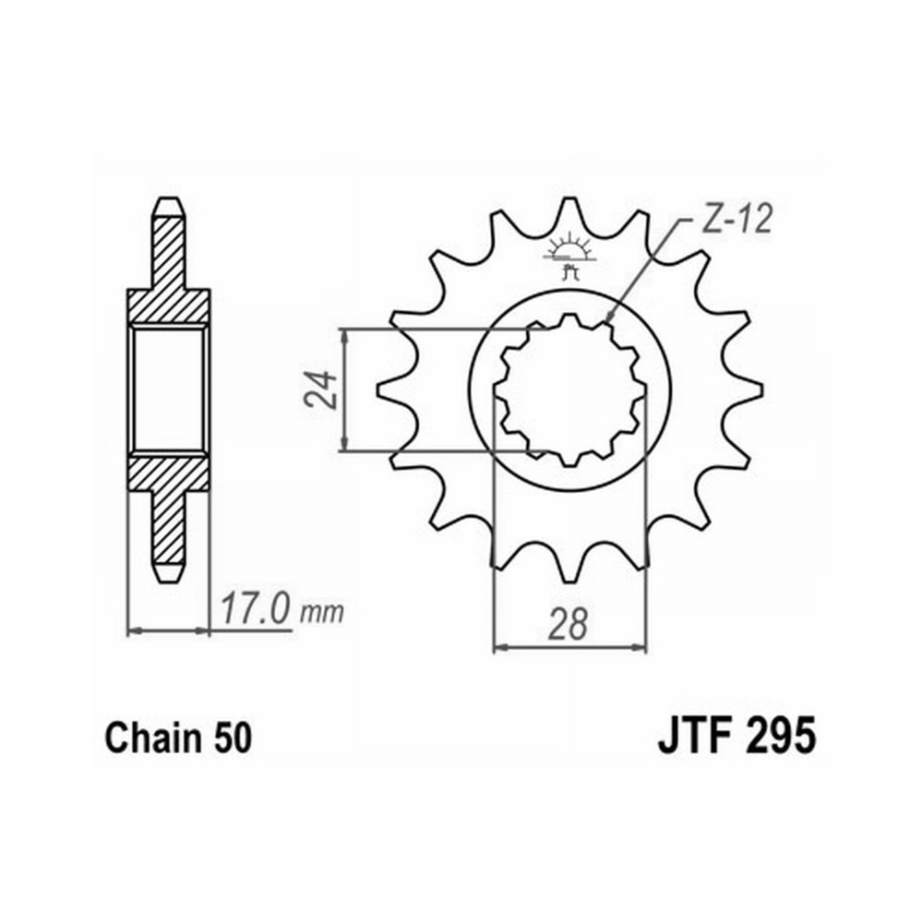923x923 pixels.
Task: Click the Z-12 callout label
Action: [x=737, y=221]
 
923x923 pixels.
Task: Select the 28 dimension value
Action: [x=568, y=624]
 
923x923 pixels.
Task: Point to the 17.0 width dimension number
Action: [x=256, y=610]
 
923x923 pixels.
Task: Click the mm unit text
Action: [x=321, y=614]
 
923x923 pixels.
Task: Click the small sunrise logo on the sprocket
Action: [x=569, y=256]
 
